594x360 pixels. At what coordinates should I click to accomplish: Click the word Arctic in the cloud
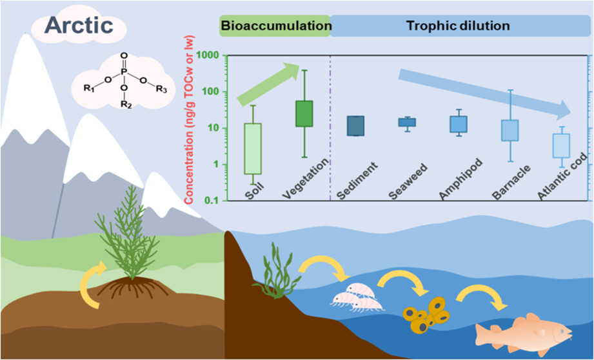point(80,26)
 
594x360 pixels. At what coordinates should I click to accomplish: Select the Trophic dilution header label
point(459,26)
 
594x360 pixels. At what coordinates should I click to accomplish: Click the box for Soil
point(253,148)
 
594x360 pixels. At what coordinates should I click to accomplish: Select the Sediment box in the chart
point(355,126)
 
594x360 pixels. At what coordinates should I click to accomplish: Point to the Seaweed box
point(406,122)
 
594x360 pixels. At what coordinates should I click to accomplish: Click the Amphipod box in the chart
point(459,124)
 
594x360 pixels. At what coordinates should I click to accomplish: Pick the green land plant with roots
point(132,242)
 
